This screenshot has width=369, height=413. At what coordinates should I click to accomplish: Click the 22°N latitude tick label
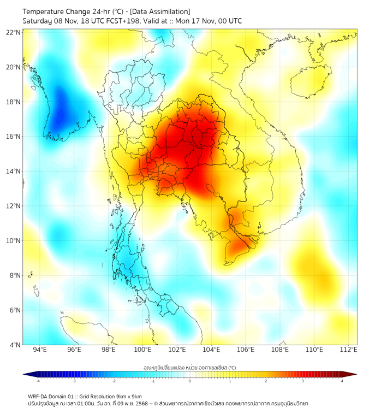point(14,32)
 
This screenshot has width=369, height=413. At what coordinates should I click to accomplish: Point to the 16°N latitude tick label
point(14,137)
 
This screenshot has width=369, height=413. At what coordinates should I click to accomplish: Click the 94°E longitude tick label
point(40,350)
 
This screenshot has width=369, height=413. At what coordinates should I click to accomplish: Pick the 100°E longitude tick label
point(142,350)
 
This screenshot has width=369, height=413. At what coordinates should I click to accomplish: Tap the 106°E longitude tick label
point(246,350)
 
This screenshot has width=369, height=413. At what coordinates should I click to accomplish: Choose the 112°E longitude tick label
point(349,350)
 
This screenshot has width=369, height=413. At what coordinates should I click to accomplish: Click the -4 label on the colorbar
point(38,381)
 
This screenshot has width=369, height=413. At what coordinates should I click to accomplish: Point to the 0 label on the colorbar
point(190,381)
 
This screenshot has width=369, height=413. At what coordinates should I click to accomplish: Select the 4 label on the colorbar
point(342,381)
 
